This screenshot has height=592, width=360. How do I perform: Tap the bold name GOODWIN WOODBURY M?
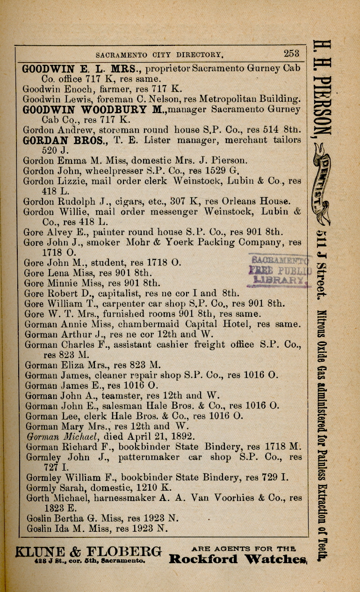(94, 109)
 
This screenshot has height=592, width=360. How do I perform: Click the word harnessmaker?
(110, 498)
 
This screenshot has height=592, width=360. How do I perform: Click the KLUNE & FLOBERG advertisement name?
(89, 551)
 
